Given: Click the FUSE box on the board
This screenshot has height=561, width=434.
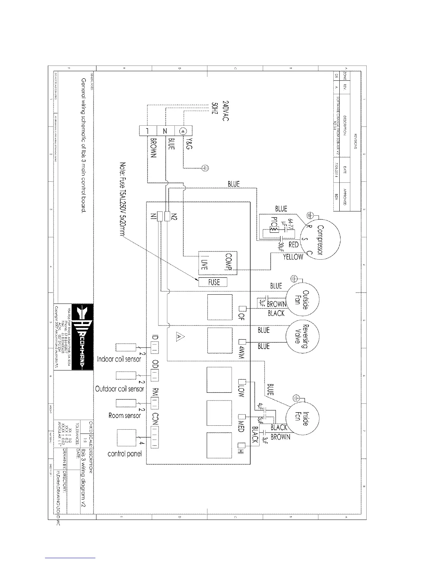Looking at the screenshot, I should [x=213, y=282].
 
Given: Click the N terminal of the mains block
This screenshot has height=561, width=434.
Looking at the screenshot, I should [x=165, y=131].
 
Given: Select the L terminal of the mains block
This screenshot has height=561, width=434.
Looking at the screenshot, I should [x=146, y=131].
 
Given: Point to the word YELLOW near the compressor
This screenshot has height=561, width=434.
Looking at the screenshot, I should [x=293, y=257].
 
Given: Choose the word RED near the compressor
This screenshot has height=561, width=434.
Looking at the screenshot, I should [x=294, y=244].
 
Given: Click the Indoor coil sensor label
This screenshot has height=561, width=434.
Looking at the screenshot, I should [x=119, y=359].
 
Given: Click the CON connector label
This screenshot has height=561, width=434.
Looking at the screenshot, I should [x=155, y=419].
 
